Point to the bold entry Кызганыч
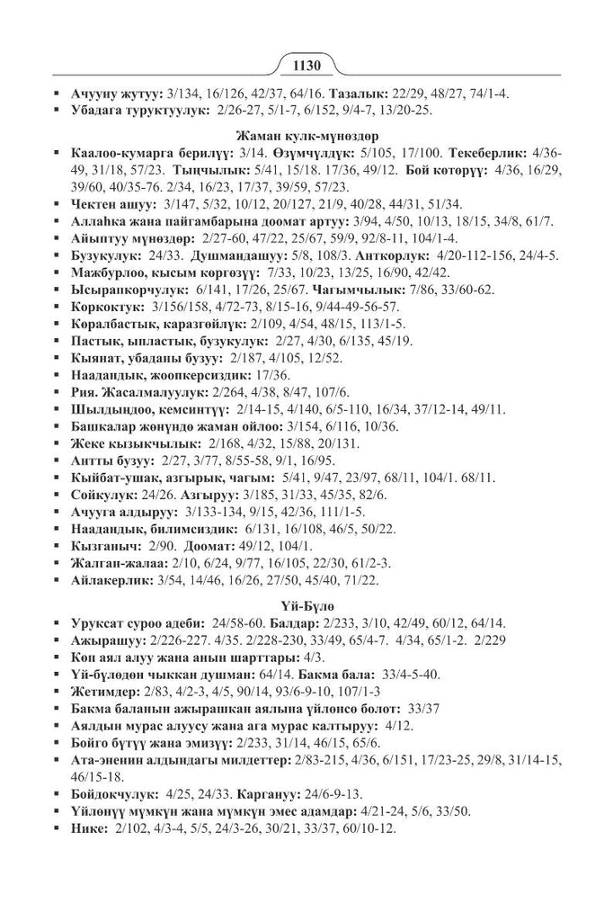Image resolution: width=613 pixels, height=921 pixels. click(x=104, y=546)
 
